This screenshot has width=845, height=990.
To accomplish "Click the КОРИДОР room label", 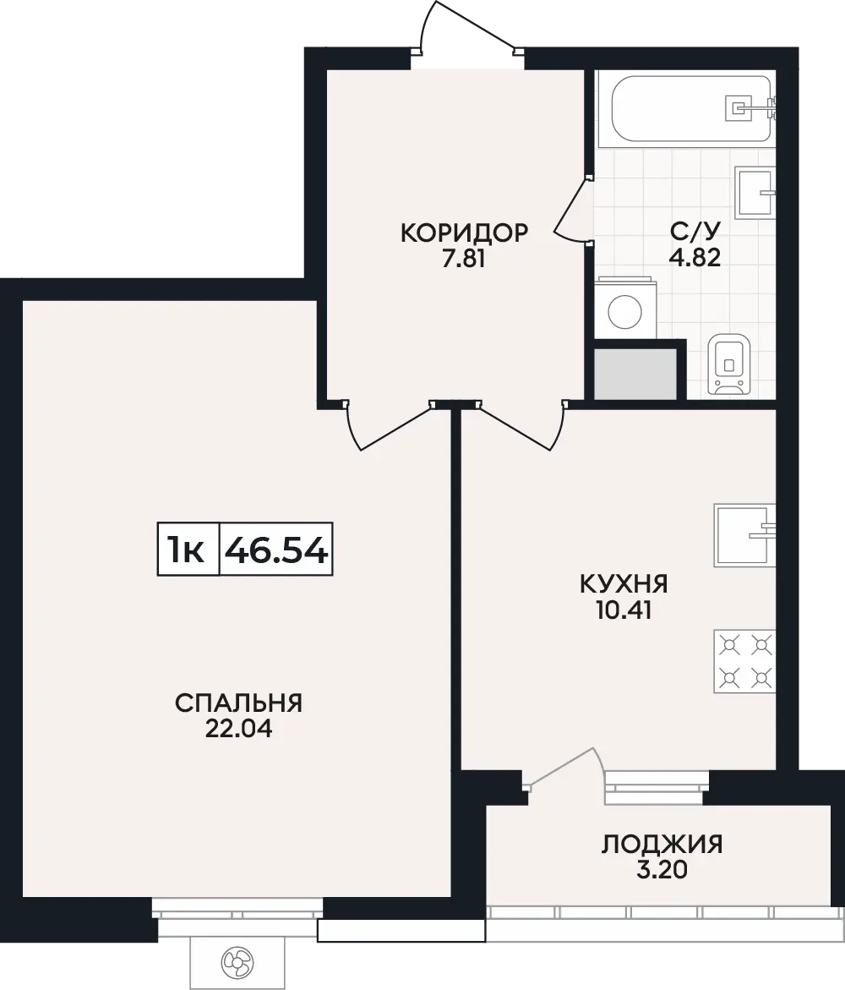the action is [x=464, y=233].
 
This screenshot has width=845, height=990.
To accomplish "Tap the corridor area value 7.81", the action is [x=464, y=259].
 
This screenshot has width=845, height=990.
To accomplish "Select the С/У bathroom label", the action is [x=695, y=231].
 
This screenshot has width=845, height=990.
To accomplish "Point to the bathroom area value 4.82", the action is [x=695, y=257].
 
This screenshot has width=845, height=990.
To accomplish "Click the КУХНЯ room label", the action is [x=624, y=584].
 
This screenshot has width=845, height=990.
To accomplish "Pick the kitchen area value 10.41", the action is [x=624, y=610].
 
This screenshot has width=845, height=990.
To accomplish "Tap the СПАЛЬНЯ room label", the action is [x=238, y=703].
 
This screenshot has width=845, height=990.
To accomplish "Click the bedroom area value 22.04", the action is [x=238, y=729].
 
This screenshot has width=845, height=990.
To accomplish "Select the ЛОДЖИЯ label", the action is [x=662, y=844].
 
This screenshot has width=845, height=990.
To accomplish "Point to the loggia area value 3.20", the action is [x=662, y=870].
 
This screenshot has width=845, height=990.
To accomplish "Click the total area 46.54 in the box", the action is [x=276, y=550].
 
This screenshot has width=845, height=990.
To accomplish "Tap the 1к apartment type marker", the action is [x=186, y=550].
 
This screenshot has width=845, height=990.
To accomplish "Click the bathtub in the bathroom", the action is [x=692, y=108].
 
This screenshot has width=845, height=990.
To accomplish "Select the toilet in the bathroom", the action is [x=729, y=364].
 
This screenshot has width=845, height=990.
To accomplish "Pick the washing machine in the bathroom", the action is [x=624, y=308].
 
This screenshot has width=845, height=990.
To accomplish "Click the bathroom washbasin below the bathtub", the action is [x=755, y=193].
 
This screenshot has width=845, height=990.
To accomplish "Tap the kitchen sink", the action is [x=744, y=535].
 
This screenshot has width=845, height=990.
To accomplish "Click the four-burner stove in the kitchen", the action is [x=744, y=661].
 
